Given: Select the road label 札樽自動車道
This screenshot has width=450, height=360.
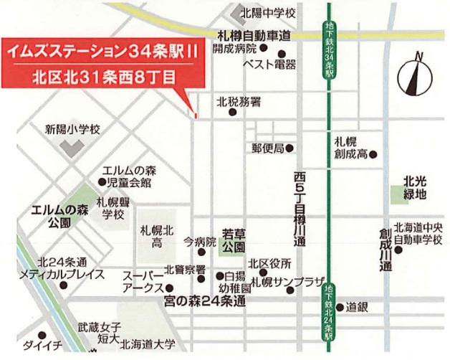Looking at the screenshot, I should [x=255, y=35].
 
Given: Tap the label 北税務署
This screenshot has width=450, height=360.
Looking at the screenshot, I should [x=239, y=102].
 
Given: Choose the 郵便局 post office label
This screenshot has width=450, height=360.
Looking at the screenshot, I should [x=267, y=148].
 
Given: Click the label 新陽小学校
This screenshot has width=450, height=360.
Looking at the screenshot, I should [x=72, y=130].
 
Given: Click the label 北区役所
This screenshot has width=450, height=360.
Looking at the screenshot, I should [x=269, y=263].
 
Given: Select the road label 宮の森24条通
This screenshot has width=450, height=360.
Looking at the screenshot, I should [x=205, y=302].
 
